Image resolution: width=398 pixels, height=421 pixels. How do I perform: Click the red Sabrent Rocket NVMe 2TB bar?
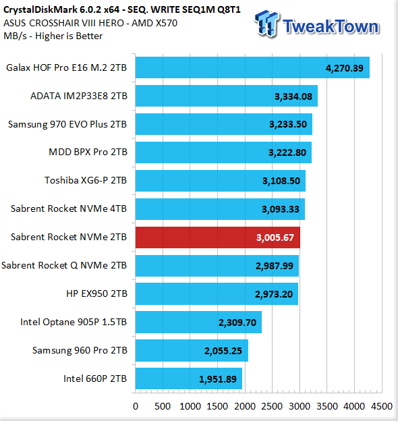pos(218,237)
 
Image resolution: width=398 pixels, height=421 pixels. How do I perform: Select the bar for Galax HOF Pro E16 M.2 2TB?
pos(252,67)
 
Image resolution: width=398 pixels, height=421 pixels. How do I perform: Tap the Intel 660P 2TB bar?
pos(189,378)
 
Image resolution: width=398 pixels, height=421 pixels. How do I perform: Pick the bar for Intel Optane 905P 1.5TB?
pos(198,322)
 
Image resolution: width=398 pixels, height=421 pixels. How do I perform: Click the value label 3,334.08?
pos(293,96)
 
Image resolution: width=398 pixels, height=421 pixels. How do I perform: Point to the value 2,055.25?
pos(223,351)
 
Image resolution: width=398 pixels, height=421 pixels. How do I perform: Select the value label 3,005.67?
pos(275,237)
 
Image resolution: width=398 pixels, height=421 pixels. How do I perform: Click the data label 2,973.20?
pos(274,294)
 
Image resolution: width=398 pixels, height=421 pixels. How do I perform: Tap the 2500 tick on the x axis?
pos(272,406)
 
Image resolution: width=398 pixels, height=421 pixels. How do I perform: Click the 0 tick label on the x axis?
pos(136,406)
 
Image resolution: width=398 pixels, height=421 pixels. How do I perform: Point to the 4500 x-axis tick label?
pos(382,406)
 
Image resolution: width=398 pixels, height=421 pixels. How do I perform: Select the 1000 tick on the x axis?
pos(190,406)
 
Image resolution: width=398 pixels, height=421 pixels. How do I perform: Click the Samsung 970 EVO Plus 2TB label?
pos(67,125)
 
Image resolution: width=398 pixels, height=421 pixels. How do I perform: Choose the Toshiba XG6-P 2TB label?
pos(86,180)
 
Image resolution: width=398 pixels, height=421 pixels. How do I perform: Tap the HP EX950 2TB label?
pos(96,293)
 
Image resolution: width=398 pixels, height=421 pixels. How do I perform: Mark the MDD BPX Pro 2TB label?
pos(88,152)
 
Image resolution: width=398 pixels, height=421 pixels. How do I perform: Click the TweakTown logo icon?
pos(267,24)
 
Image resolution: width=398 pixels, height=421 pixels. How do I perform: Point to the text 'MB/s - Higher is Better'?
pos(53,36)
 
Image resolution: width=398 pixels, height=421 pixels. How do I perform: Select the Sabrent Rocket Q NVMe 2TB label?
pos(64,266)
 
